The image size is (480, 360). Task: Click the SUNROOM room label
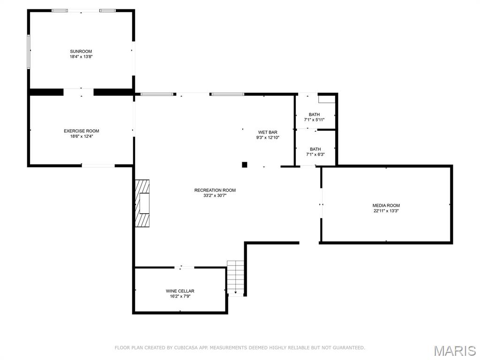pos(81,51)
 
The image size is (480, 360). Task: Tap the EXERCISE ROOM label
pos(82,131)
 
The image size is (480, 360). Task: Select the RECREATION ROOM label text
pos(215,190)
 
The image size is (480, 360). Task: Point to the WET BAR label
pos(268,132)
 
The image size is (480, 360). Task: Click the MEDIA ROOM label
pos(386,205)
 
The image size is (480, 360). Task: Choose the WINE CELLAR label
pos(180,291)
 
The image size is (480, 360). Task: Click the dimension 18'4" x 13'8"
pos(81,57)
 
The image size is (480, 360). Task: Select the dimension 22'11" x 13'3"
pos(386,211)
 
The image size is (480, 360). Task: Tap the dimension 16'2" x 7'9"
pos(180,296)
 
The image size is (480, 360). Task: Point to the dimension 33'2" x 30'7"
pos(215,195)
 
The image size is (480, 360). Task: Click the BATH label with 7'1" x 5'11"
pos(314,114)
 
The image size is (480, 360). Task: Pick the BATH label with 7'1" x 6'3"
pos(315,149)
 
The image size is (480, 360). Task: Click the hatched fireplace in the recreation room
pos(143,203)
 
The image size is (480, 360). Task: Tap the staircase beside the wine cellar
pos(236,277)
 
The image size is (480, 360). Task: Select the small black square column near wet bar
pos(244,165)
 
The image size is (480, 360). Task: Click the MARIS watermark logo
pos(454,350)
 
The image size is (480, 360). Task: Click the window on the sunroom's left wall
pos(29,52)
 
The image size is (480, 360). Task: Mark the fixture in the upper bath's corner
pos(327,99)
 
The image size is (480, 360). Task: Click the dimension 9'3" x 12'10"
pos(268,138)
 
